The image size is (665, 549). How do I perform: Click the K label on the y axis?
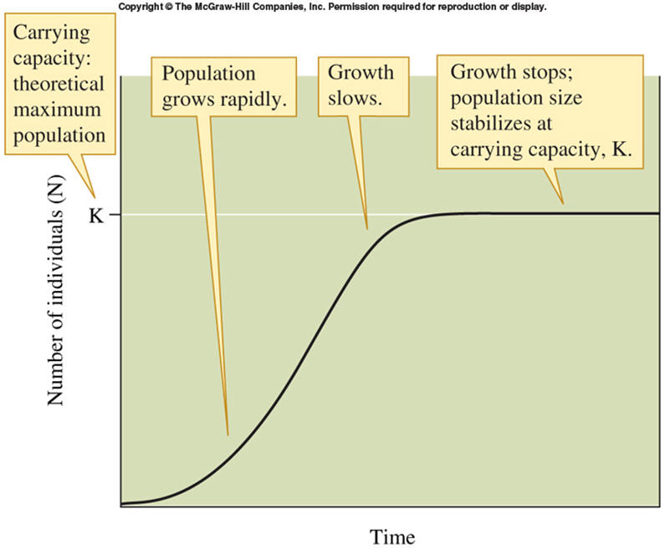click(x=96, y=214)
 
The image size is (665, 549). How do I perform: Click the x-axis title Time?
click(x=392, y=536)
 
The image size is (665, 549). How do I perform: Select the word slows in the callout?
click(x=354, y=98)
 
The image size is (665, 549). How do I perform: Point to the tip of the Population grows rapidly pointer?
click(x=227, y=435)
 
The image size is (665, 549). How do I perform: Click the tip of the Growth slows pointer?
click(x=366, y=228)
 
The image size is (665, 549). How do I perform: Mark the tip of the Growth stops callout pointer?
click(x=562, y=203)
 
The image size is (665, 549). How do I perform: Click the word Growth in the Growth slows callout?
click(x=361, y=73)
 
